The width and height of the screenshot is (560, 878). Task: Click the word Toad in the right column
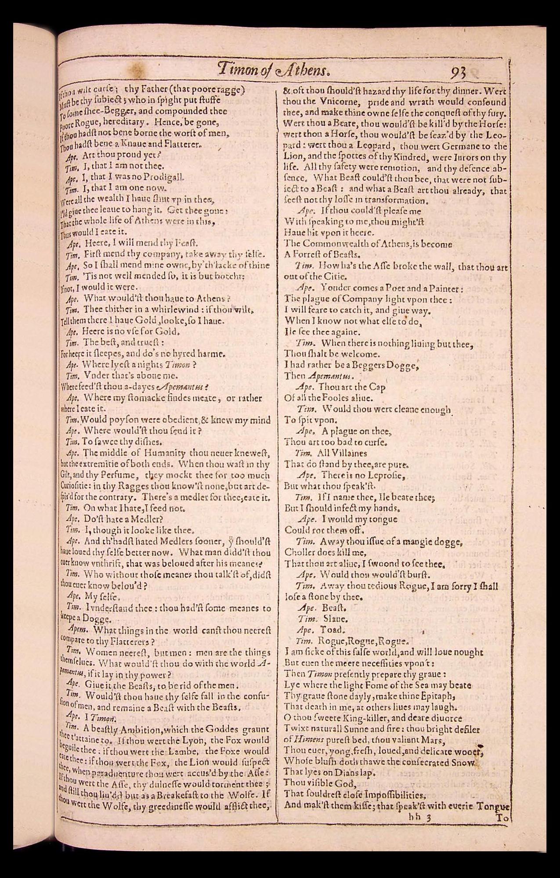(x=336, y=630)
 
